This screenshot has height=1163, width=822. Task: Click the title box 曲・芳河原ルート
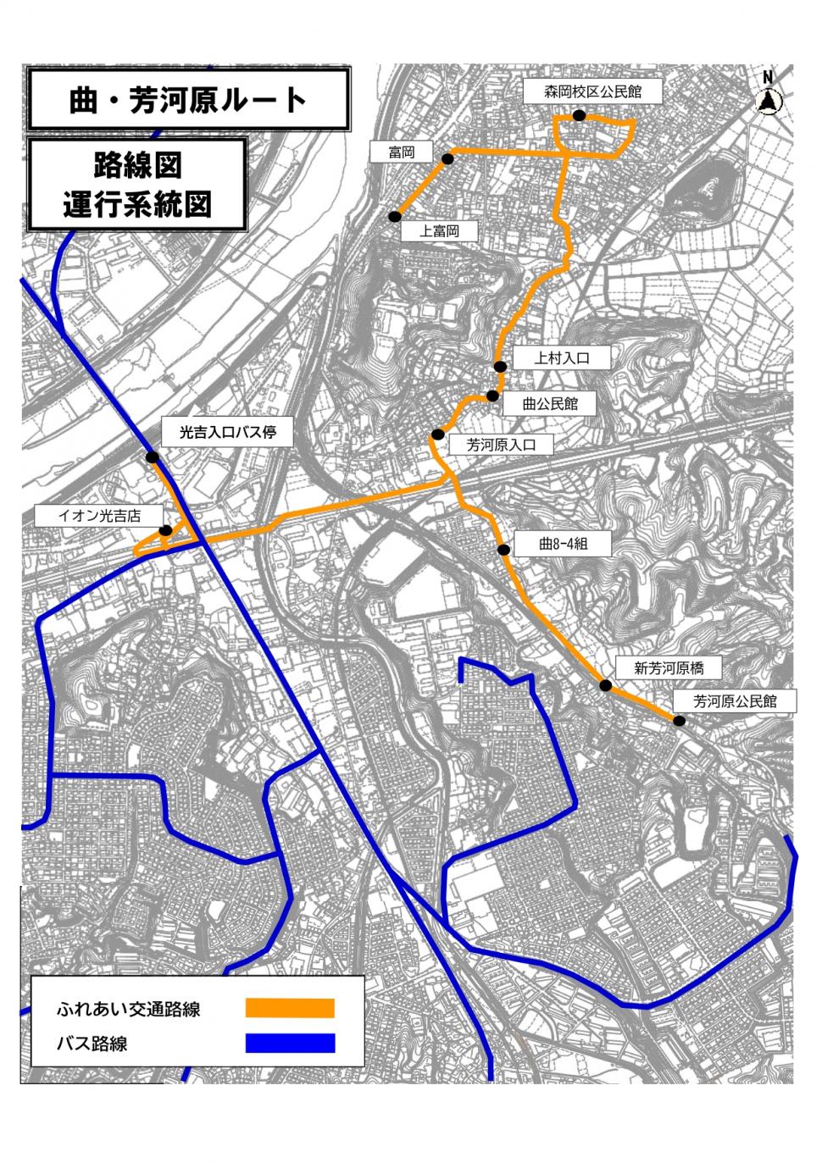click(x=188, y=100)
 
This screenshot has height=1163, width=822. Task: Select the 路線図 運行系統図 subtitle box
click(x=137, y=185)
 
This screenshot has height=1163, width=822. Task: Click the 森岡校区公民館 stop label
click(x=592, y=91)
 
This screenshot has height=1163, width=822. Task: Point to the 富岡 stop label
click(x=402, y=152)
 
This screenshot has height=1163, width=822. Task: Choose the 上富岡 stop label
click(x=439, y=230)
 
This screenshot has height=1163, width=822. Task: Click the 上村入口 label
click(x=561, y=357)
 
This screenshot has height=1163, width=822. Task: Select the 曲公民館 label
click(x=549, y=403)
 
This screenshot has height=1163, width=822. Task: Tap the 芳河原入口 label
click(x=503, y=445)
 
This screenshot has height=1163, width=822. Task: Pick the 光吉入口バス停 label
click(x=228, y=433)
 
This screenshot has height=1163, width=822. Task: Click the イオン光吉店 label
click(x=99, y=515)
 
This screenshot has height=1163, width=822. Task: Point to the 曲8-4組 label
click(x=563, y=545)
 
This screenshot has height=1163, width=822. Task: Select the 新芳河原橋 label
click(x=669, y=668)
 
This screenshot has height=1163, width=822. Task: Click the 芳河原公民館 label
click(x=735, y=701)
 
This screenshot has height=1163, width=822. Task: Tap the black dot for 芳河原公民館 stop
click(x=679, y=720)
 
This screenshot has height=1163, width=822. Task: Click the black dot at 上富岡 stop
click(x=395, y=216)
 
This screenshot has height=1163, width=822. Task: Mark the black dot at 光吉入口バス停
click(x=153, y=457)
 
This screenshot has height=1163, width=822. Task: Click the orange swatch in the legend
click(x=290, y=1008)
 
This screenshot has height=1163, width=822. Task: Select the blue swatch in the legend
click(x=290, y=1043)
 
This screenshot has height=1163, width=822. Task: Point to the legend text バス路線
click(x=92, y=1044)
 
